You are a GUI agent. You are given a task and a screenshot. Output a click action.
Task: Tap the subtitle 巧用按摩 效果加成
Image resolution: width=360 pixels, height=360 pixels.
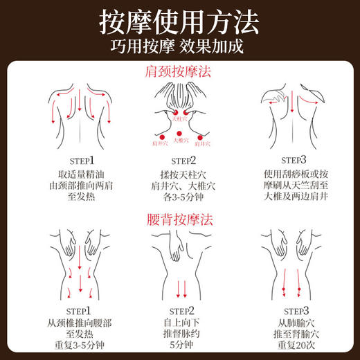(x=180, y=48)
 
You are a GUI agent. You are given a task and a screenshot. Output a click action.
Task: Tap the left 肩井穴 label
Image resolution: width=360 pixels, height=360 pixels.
(x=159, y=144)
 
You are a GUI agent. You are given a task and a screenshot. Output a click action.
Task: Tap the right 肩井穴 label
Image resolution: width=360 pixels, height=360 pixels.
(x=201, y=144)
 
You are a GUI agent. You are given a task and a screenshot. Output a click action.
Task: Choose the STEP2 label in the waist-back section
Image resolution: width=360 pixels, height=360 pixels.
(x=179, y=310)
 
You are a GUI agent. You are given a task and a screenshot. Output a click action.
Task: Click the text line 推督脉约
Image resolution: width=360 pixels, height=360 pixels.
(x=179, y=336)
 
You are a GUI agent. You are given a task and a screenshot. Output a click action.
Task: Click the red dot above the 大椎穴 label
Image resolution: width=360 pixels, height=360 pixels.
(x=179, y=132)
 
